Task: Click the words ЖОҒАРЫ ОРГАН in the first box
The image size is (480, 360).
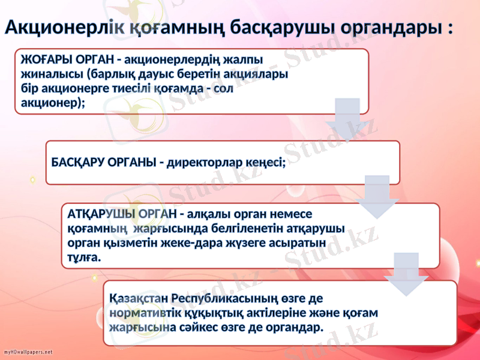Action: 67,61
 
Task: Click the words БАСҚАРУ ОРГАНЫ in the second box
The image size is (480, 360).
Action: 103,163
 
